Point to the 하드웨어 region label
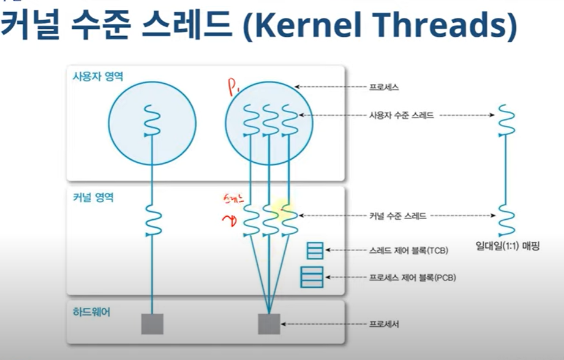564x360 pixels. [89, 311]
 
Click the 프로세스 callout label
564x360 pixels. [385, 88]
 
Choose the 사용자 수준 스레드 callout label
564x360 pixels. [401, 115]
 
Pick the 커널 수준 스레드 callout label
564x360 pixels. [397, 216]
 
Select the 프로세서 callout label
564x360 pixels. [385, 324]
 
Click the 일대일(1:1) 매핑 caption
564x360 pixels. [507, 247]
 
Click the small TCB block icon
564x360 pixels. [315, 250]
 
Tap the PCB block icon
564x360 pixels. [311, 277]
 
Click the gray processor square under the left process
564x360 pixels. [152, 324]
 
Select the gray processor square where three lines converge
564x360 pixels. [269, 324]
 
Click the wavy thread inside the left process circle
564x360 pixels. [151, 120]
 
